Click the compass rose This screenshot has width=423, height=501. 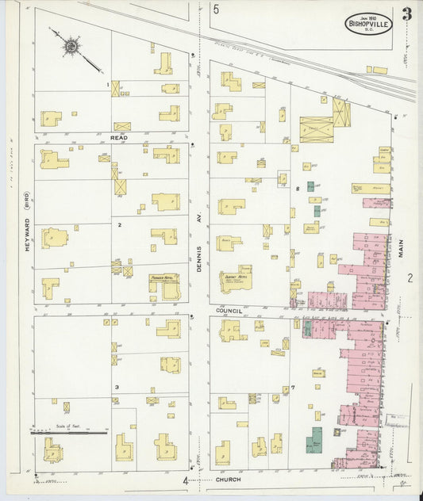coord(71,47)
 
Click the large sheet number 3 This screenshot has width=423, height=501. coord(406,14)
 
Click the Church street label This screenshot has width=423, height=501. coord(227,480)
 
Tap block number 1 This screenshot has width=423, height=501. coord(108,84)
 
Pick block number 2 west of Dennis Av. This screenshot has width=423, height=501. coord(119,224)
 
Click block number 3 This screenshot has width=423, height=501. coord(117,387)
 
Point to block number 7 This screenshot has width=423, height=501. coord(293,387)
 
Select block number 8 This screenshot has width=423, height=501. coord(298,189)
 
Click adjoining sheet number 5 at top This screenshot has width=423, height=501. coord(216,10)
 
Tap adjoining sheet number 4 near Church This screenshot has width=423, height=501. coord(185,480)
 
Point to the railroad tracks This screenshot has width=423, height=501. coord(317,63)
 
